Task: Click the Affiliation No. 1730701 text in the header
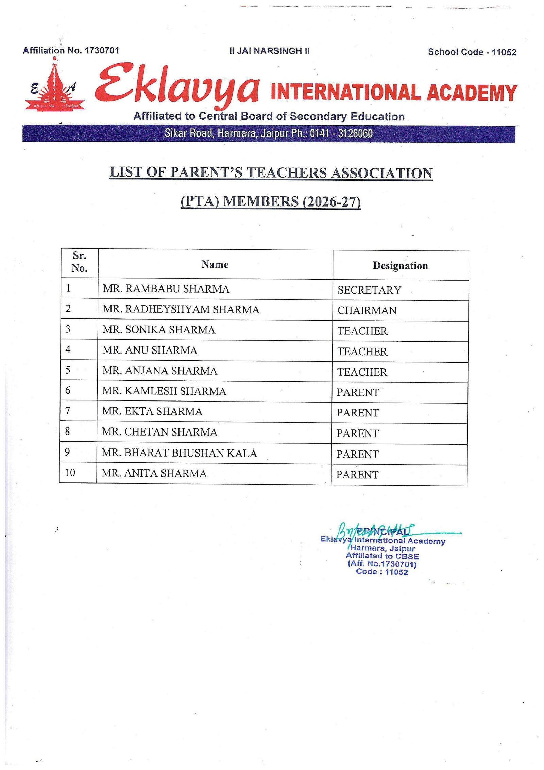[71, 51]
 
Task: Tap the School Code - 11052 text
[472, 52]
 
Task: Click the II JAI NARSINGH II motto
[270, 51]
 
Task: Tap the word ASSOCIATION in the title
[381, 173]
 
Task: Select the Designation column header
[400, 266]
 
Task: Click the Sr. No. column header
[79, 262]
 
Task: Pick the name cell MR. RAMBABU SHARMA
[166, 289]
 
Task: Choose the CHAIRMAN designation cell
[367, 311]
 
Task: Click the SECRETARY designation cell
[369, 290]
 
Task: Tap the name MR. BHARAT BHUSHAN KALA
[179, 453]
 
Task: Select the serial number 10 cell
[70, 472]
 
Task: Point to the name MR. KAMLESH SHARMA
[164, 391]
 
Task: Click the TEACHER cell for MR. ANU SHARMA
[362, 351]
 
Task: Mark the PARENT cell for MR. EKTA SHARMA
[358, 413]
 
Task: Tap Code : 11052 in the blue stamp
[381, 572]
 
